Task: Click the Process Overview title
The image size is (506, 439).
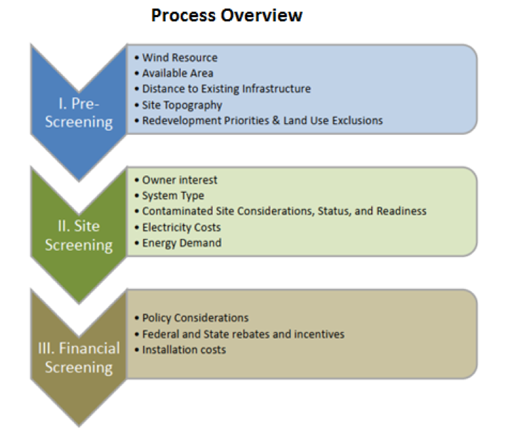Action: [227, 15]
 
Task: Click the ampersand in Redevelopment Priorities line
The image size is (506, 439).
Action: [276, 121]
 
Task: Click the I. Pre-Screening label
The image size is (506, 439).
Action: [79, 112]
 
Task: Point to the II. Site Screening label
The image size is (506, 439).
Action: [79, 236]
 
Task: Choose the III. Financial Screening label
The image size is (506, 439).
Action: [79, 358]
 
